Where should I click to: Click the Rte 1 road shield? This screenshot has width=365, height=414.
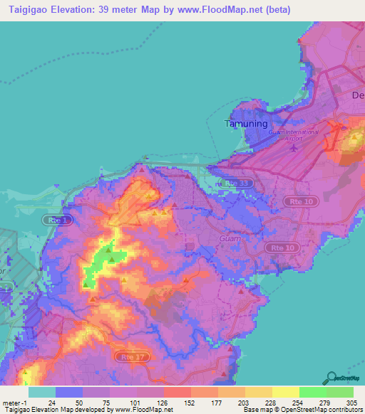coord(57,221)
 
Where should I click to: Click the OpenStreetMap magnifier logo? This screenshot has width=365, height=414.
coord(332,378)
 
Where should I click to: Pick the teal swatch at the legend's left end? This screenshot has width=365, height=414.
coord(41,392)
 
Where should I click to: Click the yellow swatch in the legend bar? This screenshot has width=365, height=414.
coord(285,392)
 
